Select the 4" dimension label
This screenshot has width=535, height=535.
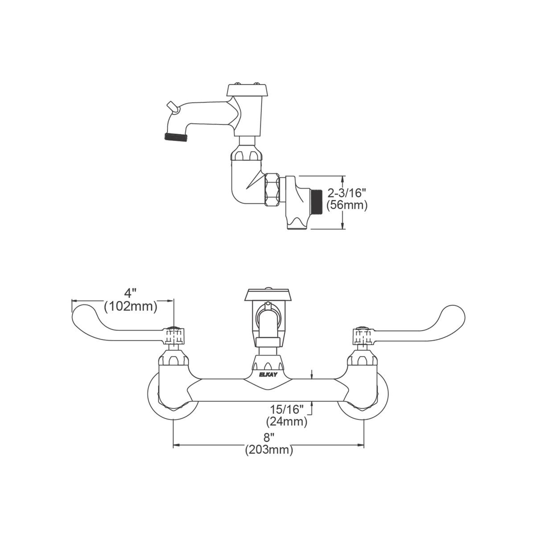pyautogui.click(x=130, y=294)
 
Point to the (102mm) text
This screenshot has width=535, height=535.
pyautogui.click(x=131, y=306)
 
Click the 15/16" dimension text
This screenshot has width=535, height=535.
pyautogui.click(x=287, y=409)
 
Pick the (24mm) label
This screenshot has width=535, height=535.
pyautogui.click(x=287, y=420)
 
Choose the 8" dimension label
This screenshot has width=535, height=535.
pyautogui.click(x=268, y=439)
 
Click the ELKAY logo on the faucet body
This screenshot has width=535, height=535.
pyautogui.click(x=267, y=374)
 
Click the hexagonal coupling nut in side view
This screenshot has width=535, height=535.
pyautogui.click(x=272, y=190)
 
